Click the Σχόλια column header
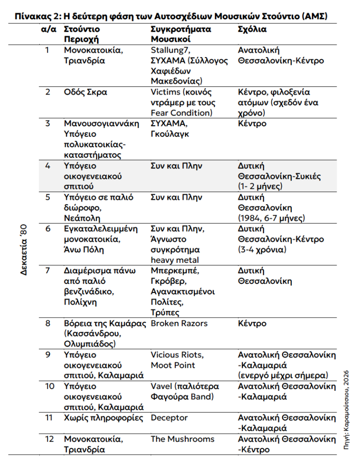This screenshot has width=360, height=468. pos(252,29)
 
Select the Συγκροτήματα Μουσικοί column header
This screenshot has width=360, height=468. pos(181,34)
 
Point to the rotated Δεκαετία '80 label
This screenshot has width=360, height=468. pos(24,250)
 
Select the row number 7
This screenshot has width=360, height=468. pos(47,271)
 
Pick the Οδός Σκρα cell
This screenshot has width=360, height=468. pos(86,92)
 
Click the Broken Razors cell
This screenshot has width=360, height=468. pos(179,324)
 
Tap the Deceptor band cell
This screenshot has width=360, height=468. pos(169,418)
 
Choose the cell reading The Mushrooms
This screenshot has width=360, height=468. pos(183,439)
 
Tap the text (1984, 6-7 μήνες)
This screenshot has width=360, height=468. pos(272,218)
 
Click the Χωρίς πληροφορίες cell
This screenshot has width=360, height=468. pos(103,418)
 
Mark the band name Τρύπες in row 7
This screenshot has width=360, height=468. pos(165,313)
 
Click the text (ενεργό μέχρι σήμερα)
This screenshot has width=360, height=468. pos(283,376)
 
